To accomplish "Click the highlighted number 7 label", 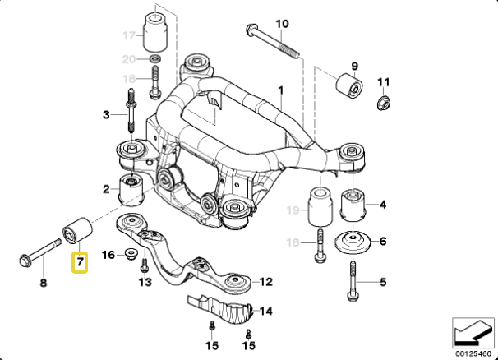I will tap(80, 264).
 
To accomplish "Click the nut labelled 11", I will tap(381, 104).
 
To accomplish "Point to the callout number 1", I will tap(279, 89).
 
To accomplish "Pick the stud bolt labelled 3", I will tap(131, 115).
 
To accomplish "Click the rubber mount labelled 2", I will tap(131, 190).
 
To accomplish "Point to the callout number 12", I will tap(266, 282).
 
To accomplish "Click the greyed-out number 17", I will tap(127, 35).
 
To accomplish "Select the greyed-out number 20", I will tap(127, 59).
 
